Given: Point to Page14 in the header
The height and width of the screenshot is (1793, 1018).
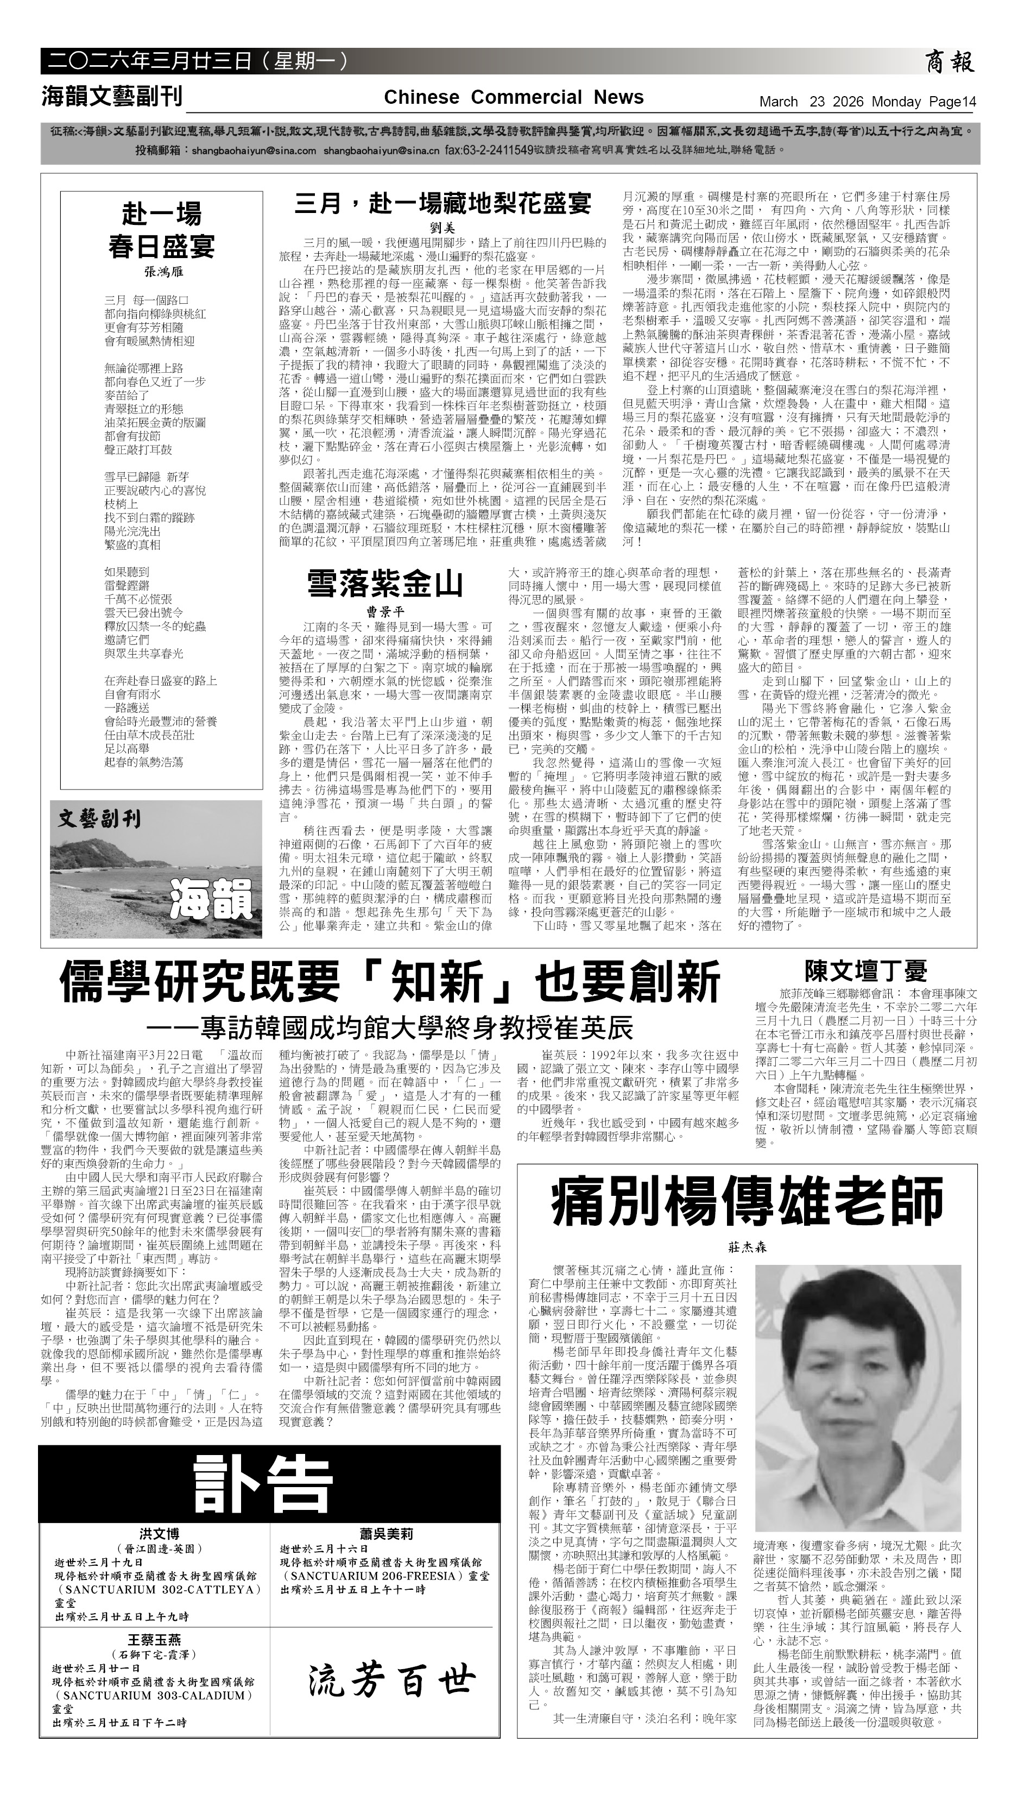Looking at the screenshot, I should pyautogui.click(x=952, y=102).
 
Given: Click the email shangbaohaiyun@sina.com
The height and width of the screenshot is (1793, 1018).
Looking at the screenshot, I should pyautogui.click(x=254, y=150).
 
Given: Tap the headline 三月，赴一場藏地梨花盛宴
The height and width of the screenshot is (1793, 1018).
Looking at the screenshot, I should pyautogui.click(x=442, y=204).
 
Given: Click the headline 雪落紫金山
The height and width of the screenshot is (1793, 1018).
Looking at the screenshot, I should pyautogui.click(x=385, y=584).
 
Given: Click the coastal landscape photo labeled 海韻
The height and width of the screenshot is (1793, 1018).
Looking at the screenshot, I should pyautogui.click(x=156, y=869).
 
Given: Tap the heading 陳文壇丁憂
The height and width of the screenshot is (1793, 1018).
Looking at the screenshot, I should pyautogui.click(x=865, y=971).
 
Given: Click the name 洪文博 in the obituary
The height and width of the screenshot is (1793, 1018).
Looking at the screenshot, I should pyautogui.click(x=159, y=1534).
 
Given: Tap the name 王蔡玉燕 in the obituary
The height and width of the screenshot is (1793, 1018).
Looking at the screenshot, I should pyautogui.click(x=154, y=1640).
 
